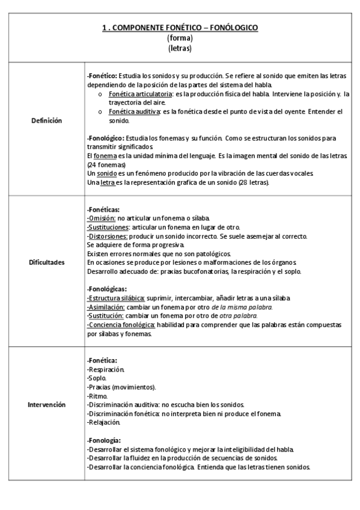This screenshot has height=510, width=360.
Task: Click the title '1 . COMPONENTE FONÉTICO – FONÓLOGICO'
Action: coord(180,28)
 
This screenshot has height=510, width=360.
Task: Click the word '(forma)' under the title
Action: coord(180,38)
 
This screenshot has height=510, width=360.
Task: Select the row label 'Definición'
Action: coord(46,120)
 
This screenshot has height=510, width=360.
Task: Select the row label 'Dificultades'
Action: coord(46,262)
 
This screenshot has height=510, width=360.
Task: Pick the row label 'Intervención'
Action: coord(46,405)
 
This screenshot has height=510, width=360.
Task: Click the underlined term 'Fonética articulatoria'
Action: coord(139,95)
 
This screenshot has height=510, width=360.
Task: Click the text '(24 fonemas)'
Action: coord(106,164)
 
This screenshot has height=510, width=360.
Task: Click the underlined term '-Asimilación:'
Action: coord(106,307)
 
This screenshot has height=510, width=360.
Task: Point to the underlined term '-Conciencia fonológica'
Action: coord(121,325)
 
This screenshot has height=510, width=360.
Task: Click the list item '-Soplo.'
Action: coord(97,378)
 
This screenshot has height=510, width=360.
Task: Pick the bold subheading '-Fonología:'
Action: coord(104,440)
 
